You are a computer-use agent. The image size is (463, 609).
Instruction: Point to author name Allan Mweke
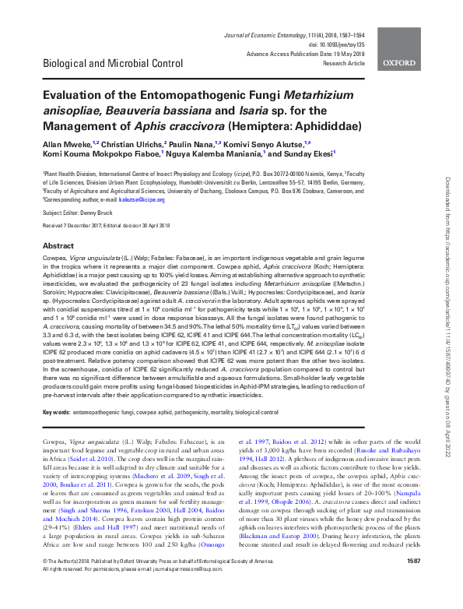pyautogui.click(x=66, y=144)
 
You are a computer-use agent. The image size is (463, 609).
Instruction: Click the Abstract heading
pyautogui.click(x=58, y=245)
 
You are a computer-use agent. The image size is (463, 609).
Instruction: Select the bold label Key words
pyautogui.click(x=56, y=410)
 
